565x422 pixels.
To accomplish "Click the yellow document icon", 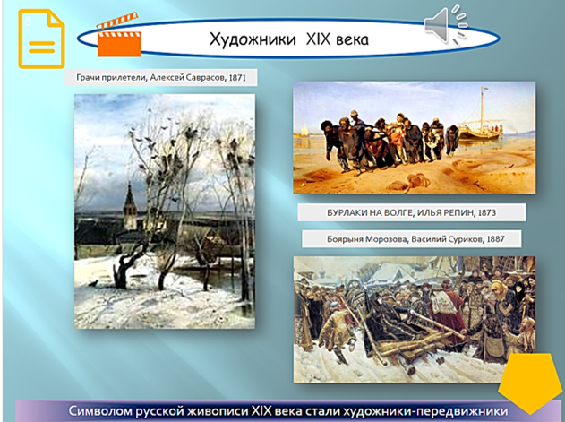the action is [41, 39].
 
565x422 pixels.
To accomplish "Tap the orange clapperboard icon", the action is [118, 35].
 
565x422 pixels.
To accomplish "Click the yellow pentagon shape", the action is [530, 383].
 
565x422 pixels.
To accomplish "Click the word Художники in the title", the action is [253, 39].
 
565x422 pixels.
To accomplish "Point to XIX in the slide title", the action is [318, 39].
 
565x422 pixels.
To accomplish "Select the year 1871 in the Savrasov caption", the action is [237, 78].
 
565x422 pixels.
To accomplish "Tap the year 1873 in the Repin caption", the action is [487, 212].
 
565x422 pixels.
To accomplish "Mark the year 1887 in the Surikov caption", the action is [495, 239].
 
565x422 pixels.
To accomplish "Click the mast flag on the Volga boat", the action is [484, 89].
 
